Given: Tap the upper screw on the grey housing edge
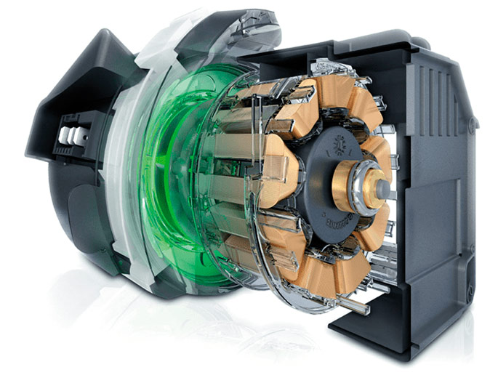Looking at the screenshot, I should [472, 124].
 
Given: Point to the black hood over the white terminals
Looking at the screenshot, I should [65, 87].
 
